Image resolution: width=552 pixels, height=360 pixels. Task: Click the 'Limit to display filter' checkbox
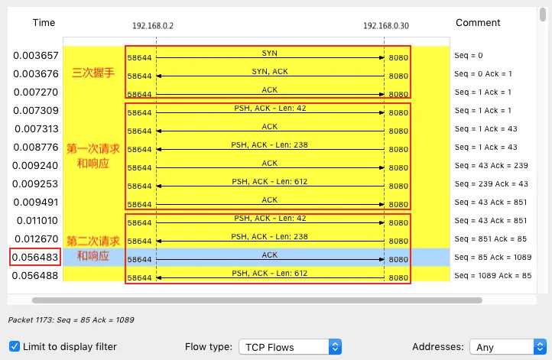pyautogui.click(x=15, y=346)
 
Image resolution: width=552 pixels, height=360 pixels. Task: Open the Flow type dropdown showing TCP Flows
pyautogui.click(x=290, y=347)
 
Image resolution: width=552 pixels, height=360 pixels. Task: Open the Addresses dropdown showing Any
pyautogui.click(x=508, y=347)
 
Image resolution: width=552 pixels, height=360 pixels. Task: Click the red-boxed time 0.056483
pyautogui.click(x=35, y=258)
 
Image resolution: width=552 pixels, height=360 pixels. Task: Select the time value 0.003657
pyautogui.click(x=36, y=56)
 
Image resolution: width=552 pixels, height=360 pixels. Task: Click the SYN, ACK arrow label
pyautogui.click(x=270, y=71)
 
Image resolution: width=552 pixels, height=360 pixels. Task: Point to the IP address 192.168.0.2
pyautogui.click(x=153, y=26)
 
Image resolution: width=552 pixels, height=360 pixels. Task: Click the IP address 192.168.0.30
pyautogui.click(x=386, y=26)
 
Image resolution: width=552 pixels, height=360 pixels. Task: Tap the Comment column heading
pyautogui.click(x=478, y=22)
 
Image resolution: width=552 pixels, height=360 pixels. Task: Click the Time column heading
pyautogui.click(x=44, y=22)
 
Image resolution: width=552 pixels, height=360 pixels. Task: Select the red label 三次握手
pyautogui.click(x=93, y=73)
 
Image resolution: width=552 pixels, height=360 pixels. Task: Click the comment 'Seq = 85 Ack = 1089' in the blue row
pyautogui.click(x=492, y=258)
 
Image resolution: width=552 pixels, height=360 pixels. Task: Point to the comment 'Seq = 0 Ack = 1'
pyautogui.click(x=483, y=74)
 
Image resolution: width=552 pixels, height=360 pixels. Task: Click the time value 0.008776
pyautogui.click(x=36, y=147)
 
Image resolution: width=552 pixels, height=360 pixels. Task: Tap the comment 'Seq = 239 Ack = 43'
pyautogui.click(x=491, y=183)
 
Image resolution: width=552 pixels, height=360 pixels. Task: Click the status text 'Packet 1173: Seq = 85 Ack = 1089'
pyautogui.click(x=71, y=320)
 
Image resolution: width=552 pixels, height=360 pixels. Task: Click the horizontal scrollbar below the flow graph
pyautogui.click(x=257, y=300)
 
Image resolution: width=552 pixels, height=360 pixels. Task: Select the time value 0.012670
pyautogui.click(x=36, y=239)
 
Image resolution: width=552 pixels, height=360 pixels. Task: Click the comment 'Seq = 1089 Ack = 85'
pyautogui.click(x=492, y=276)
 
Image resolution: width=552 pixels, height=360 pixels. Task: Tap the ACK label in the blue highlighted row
pyautogui.click(x=270, y=255)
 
